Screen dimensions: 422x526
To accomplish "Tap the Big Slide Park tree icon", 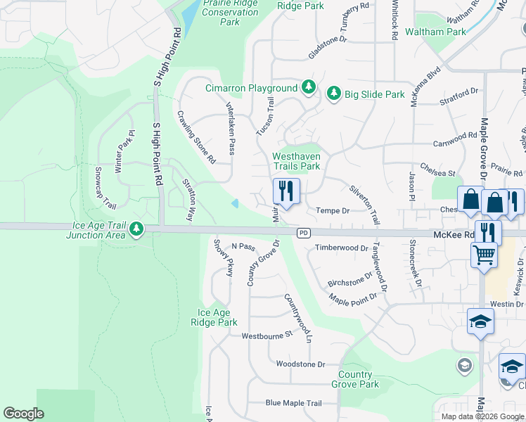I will point(333,94).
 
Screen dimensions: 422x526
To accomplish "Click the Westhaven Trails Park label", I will point(296,162).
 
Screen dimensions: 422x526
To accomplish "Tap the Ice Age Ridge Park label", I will point(217,318).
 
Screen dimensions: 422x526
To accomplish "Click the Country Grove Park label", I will point(359,379).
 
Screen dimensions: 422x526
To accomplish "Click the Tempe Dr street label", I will point(333,210).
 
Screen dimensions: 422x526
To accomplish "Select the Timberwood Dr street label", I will point(342,248).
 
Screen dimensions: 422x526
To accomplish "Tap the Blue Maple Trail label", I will point(293,403).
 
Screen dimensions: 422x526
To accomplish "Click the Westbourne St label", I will point(267,335).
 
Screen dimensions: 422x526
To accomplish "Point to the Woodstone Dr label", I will point(301,364).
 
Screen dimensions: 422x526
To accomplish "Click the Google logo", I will point(23,414).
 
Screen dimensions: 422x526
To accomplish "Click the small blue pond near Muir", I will point(236,204).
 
